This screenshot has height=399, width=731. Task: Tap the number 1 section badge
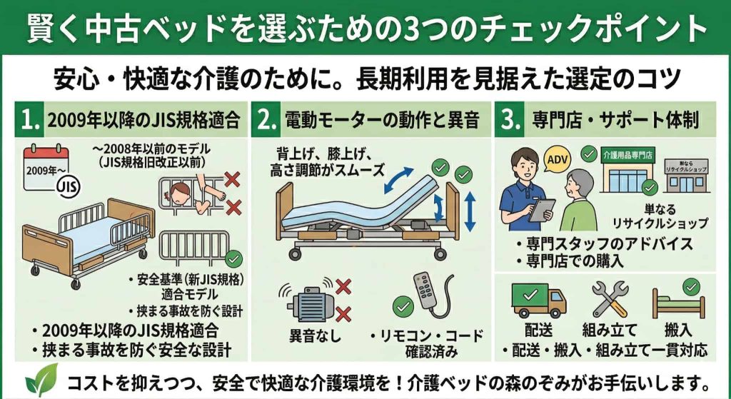(x=31, y=121)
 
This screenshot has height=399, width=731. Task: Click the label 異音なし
(x=314, y=335)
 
